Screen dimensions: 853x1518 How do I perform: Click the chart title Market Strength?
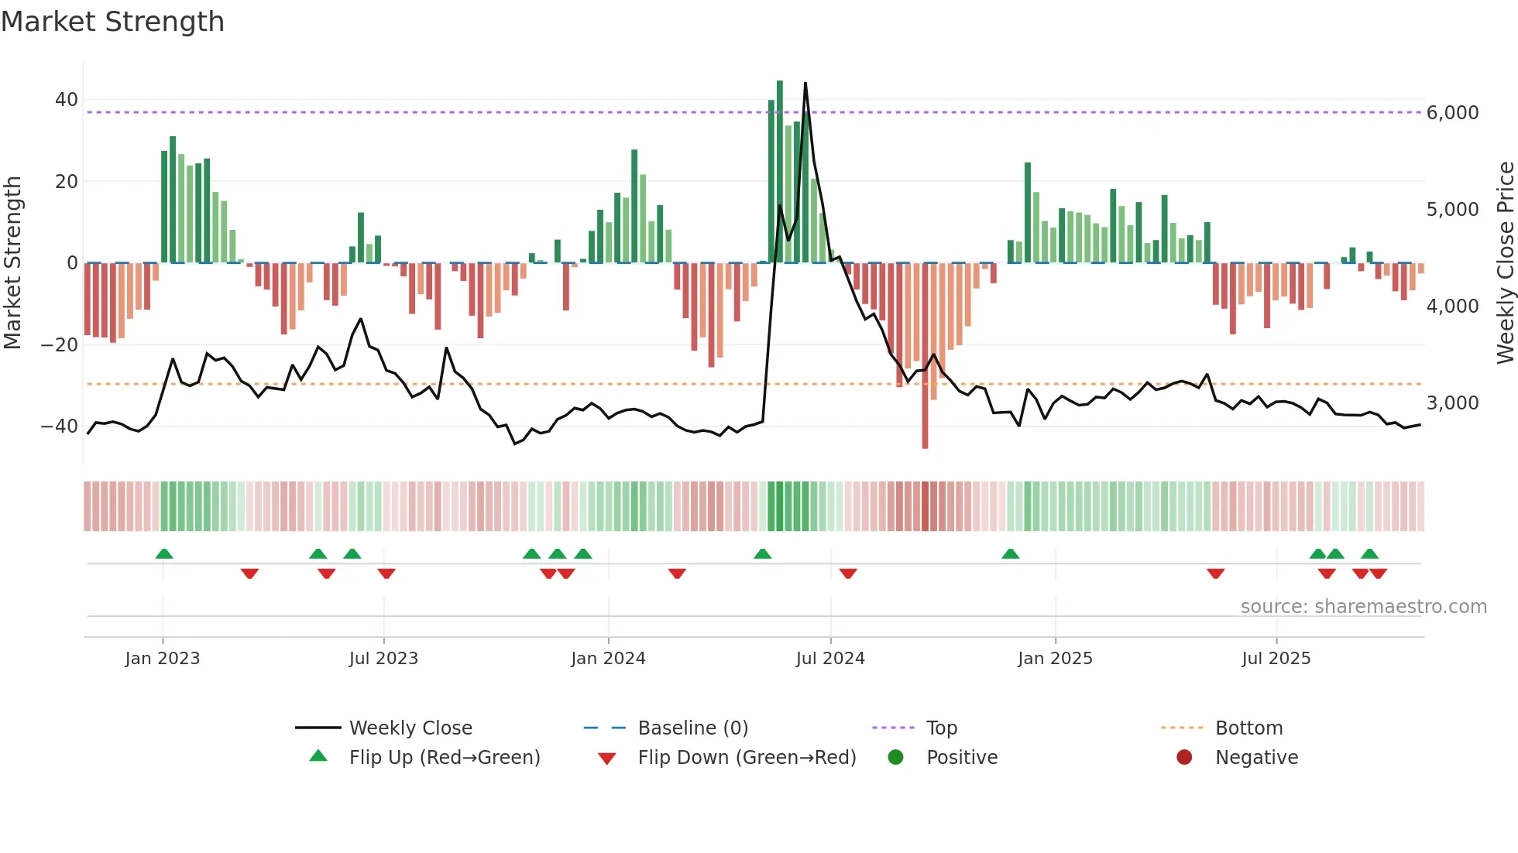point(112,22)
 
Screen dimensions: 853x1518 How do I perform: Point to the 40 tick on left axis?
point(67,100)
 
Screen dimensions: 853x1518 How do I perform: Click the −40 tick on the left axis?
point(60,426)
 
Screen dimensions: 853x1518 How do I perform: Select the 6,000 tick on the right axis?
point(1452,113)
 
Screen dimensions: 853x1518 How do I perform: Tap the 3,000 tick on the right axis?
point(1452,403)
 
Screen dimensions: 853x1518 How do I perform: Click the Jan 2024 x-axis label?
point(608,659)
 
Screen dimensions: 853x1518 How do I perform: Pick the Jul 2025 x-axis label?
point(1276,659)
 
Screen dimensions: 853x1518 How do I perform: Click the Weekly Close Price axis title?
point(1505,263)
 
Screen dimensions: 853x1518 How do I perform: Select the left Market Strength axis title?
point(12,263)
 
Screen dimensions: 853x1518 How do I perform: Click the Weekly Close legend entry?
point(410,728)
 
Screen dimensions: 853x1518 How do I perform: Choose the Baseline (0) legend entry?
point(692,728)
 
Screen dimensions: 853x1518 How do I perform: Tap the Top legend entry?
point(941,728)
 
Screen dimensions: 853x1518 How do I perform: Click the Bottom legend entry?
point(1248,728)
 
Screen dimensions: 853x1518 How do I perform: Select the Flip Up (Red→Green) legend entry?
point(444,758)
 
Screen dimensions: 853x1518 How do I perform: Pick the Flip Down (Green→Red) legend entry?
point(747,758)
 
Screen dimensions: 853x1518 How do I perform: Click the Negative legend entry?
point(1255,758)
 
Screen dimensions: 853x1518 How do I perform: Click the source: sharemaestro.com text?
point(1363,607)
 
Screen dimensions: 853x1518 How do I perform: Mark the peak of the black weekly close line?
point(805,84)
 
